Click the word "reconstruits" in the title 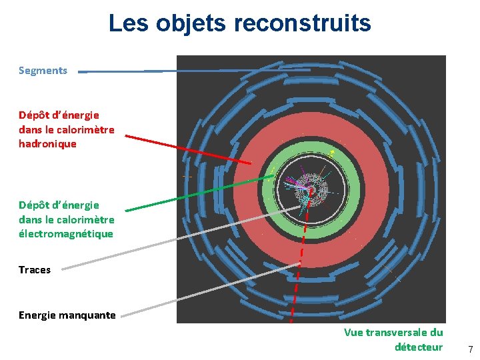coord(302,23)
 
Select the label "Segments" coord(43,70)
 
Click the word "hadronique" coord(47,143)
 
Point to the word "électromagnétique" coord(65,234)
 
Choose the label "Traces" coord(35,270)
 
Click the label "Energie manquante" coord(67,315)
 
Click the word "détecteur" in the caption coord(419,347)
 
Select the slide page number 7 coord(470,349)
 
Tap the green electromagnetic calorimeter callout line coord(200,193)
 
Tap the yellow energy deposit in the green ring coord(333,153)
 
